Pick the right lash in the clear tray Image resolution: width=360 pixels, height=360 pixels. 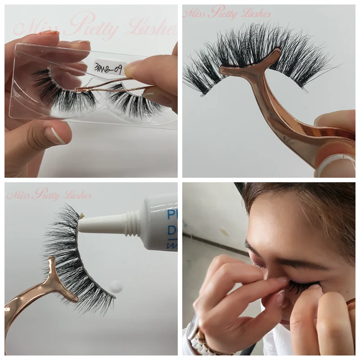coord(135,101)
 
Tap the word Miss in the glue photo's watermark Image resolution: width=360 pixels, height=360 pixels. coord(17,195)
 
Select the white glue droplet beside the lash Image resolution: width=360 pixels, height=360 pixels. coord(116,285)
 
